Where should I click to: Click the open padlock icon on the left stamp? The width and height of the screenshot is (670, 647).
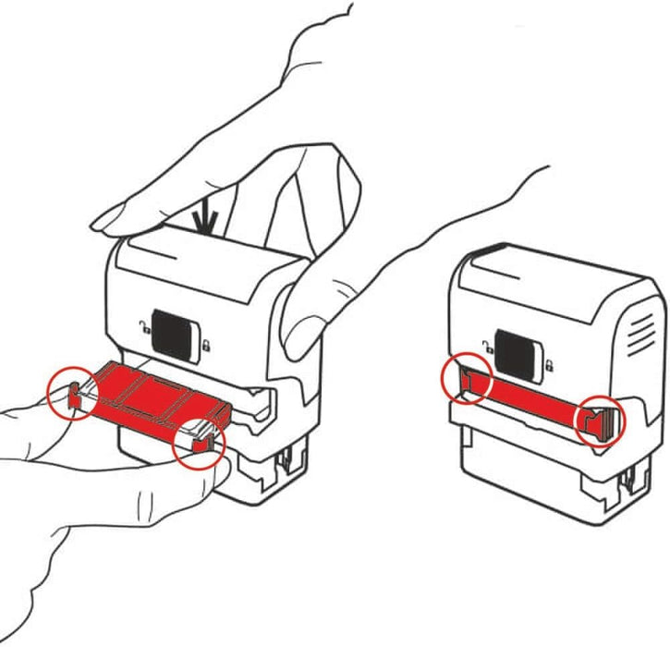(x=141, y=325)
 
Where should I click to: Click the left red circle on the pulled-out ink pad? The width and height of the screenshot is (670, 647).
(x=71, y=394)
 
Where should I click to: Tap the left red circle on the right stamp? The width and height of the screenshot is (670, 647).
(x=465, y=380)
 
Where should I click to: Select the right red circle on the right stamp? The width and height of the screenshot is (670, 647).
(x=601, y=422)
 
